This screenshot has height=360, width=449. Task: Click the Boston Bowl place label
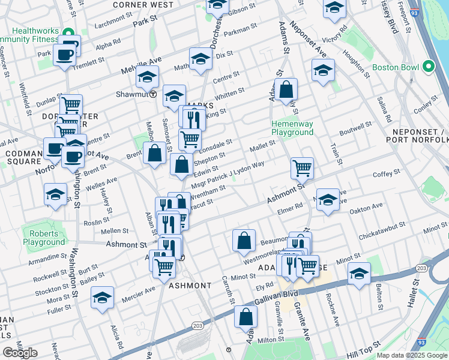(x=395, y=67)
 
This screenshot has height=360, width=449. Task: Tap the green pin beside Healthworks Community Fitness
(x=68, y=33)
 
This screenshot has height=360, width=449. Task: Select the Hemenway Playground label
(x=292, y=128)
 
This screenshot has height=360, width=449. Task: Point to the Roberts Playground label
(x=44, y=238)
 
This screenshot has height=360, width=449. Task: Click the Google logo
(x=20, y=352)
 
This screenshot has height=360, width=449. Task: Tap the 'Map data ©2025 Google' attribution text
(x=412, y=355)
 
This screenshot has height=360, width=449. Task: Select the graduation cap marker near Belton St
(x=359, y=274)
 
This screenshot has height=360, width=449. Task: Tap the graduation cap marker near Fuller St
(x=102, y=297)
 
